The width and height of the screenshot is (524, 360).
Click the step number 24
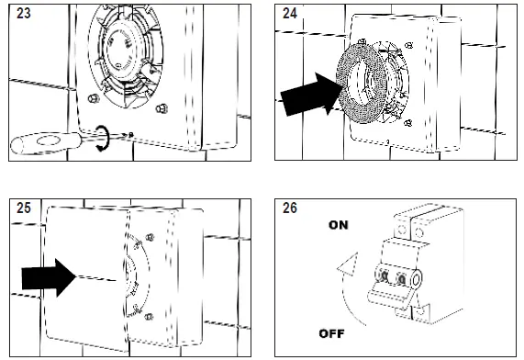coord(289,14)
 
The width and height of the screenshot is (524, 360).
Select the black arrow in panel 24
coord(307,95)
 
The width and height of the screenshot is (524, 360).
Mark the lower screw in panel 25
coord(149,317)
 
